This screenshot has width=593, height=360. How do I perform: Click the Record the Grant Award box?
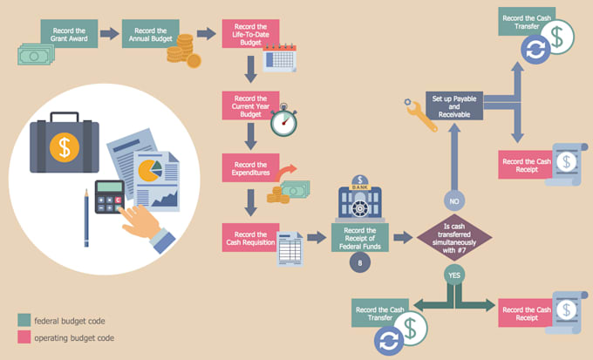point(68,33)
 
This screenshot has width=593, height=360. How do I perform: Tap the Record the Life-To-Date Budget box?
point(249,33)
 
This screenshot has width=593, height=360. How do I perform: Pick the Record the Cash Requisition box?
point(250,236)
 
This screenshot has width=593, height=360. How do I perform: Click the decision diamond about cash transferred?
point(453,237)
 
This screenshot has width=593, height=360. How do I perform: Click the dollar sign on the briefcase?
point(63,146)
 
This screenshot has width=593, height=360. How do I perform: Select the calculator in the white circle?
point(109,200)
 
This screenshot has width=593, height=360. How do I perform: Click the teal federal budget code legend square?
point(24,321)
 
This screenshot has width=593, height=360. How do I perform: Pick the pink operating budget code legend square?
point(24,337)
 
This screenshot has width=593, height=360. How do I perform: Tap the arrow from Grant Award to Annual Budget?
point(110,34)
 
